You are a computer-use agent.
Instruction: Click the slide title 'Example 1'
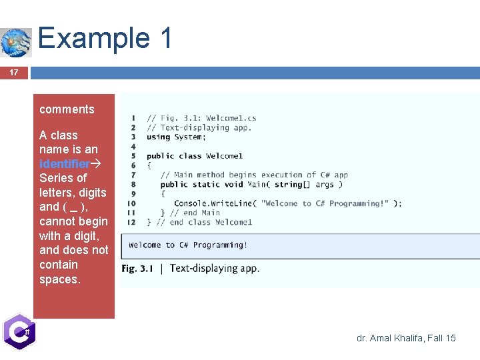pyautogui.click(x=105, y=38)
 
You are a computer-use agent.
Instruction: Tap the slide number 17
pyautogui.click(x=13, y=73)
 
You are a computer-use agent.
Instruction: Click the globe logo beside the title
pyautogui.click(x=16, y=43)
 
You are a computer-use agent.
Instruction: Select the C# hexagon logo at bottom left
pyautogui.click(x=18, y=331)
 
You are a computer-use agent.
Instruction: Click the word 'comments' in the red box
pyautogui.click(x=67, y=109)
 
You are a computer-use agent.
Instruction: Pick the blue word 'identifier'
pyautogui.click(x=64, y=164)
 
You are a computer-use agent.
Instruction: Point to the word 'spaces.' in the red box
pyautogui.click(x=59, y=279)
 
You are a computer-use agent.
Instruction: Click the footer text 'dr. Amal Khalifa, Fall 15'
pyautogui.click(x=406, y=338)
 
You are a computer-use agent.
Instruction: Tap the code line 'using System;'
pyautogui.click(x=176, y=137)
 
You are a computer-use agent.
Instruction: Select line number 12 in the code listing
pyautogui.click(x=131, y=222)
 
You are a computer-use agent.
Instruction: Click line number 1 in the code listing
pyautogui.click(x=134, y=118)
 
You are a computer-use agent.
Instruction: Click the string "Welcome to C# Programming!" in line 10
pyautogui.click(x=325, y=203)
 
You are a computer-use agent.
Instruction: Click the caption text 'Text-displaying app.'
pyautogui.click(x=215, y=269)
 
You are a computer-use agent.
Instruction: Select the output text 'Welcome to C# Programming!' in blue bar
pyautogui.click(x=188, y=245)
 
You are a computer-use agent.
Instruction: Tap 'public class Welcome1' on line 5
pyautogui.click(x=195, y=156)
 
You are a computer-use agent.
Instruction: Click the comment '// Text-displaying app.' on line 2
pyautogui.click(x=199, y=127)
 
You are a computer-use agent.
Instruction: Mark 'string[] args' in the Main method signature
pyautogui.click(x=304, y=185)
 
